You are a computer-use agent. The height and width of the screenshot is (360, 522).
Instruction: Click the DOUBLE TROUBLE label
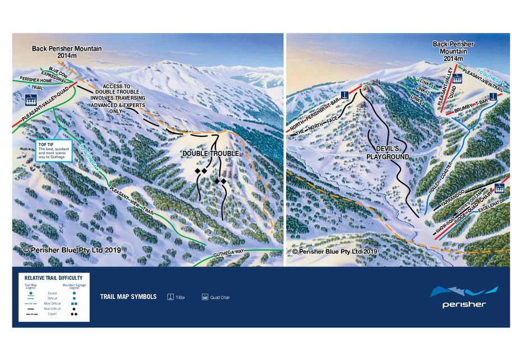210,154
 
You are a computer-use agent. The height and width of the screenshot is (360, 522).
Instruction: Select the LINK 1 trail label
418,99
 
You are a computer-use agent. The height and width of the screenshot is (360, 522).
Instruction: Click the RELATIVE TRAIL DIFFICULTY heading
54,278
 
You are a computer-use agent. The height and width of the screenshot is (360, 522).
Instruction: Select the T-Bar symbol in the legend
170,297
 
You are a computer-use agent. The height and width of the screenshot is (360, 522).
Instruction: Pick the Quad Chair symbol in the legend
205,297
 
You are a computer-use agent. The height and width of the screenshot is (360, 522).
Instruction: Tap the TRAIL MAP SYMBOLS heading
128,297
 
